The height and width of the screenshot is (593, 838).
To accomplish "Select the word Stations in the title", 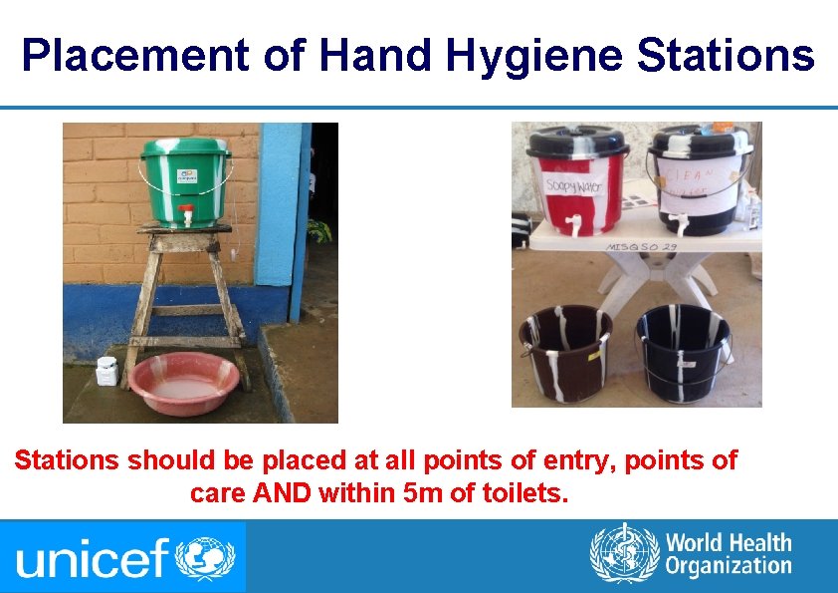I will (x=726, y=56).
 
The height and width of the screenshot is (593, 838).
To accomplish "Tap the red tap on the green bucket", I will (x=185, y=214).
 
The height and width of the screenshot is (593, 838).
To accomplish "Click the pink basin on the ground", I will (x=185, y=383).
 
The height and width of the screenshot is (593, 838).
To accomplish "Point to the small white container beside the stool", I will (x=106, y=372).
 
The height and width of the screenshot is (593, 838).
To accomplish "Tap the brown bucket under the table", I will (x=564, y=352).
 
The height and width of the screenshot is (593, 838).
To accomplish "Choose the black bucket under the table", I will (x=683, y=352).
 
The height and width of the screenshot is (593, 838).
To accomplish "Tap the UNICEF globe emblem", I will (x=204, y=556).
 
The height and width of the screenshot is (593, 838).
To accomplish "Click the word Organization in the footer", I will (x=729, y=568).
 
